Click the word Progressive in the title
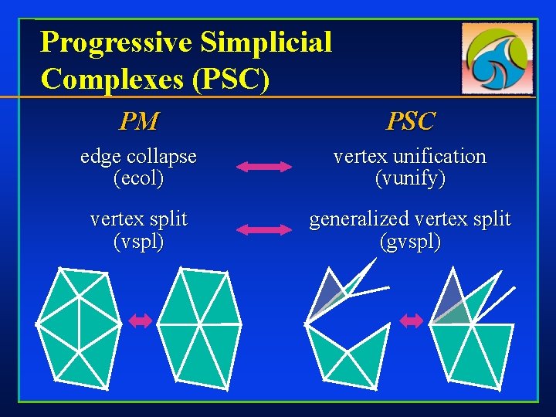pyautogui.click(x=117, y=42)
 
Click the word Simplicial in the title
pyautogui.click(x=266, y=42)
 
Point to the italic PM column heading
pyautogui.click(x=139, y=121)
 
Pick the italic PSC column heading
pyautogui.click(x=410, y=121)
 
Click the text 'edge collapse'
pyautogui.click(x=139, y=157)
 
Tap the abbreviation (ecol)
pyautogui.click(x=139, y=179)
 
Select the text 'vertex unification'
pyautogui.click(x=410, y=157)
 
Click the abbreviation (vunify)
pyautogui.click(x=410, y=179)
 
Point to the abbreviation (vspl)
pyautogui.click(x=139, y=242)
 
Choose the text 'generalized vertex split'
pyautogui.click(x=410, y=220)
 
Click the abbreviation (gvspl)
pyautogui.click(x=410, y=242)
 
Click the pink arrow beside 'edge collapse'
pyautogui.click(x=263, y=166)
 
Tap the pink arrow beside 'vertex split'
pyautogui.click(x=263, y=229)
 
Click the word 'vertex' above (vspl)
pyautogui.click(x=116, y=220)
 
